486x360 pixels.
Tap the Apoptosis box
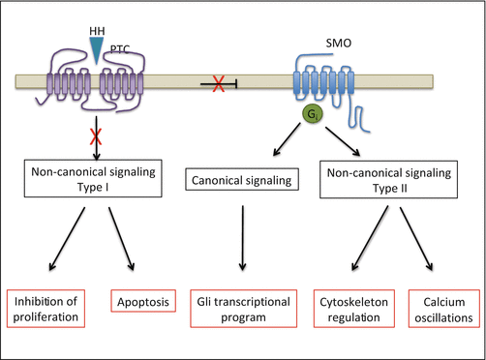pyautogui.click(x=143, y=301)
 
